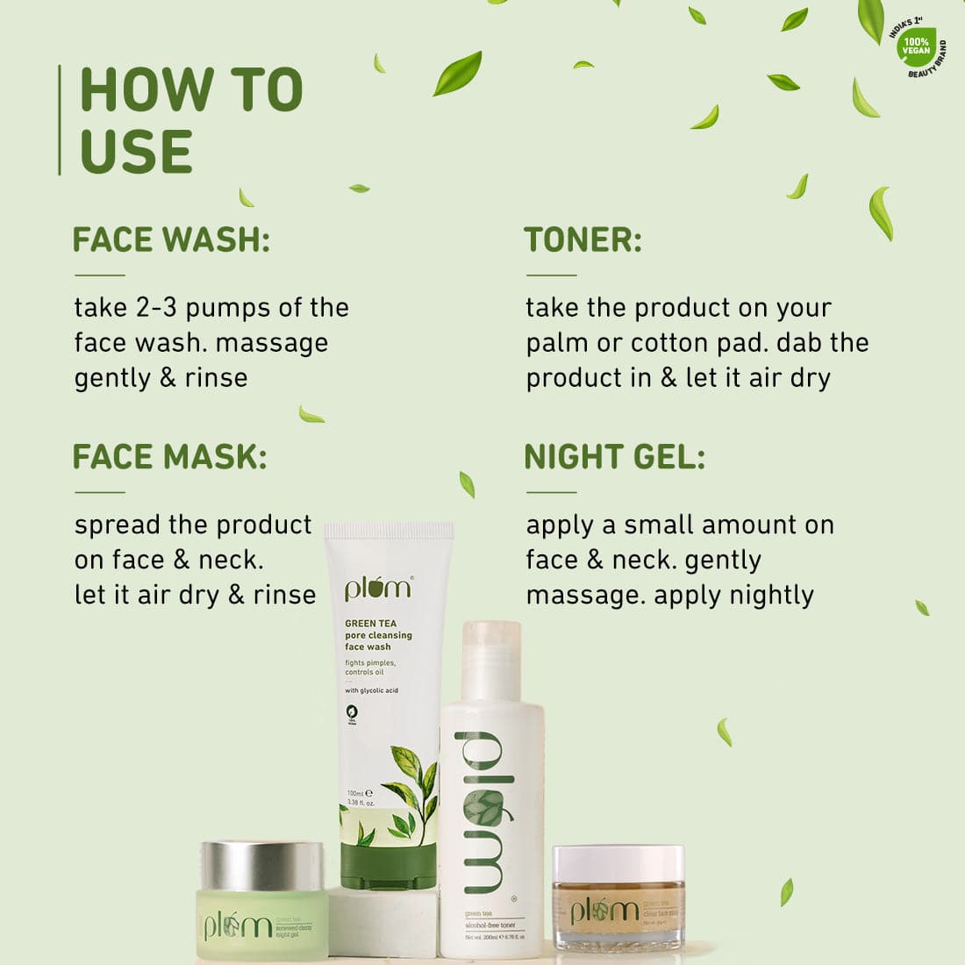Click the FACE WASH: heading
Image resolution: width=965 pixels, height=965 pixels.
pos(171,239)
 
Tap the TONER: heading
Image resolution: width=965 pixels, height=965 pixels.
pos(583,239)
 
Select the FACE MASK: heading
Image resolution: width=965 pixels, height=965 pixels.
pos(169,457)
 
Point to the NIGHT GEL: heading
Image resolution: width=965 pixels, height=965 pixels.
pos(614,457)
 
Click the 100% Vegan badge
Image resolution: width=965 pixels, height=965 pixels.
pos(916,46)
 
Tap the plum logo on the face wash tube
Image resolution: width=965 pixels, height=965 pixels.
pos(378,589)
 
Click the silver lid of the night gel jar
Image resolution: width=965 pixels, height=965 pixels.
pos(261,865)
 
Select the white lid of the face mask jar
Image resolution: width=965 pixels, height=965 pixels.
pos(618,863)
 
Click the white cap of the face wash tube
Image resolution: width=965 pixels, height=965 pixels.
pos(389,531)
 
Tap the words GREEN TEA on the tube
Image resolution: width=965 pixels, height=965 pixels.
pos(370,624)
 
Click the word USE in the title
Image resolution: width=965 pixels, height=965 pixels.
pos(136,152)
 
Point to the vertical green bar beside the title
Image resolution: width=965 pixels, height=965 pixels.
pos(60,120)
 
